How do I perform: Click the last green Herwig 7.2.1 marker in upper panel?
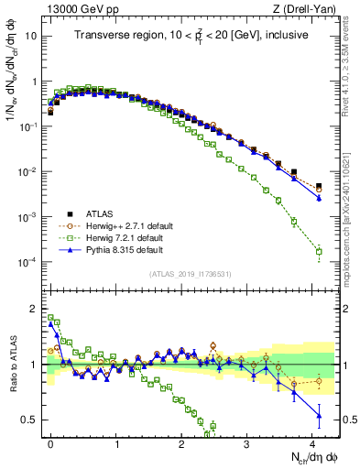319,250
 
